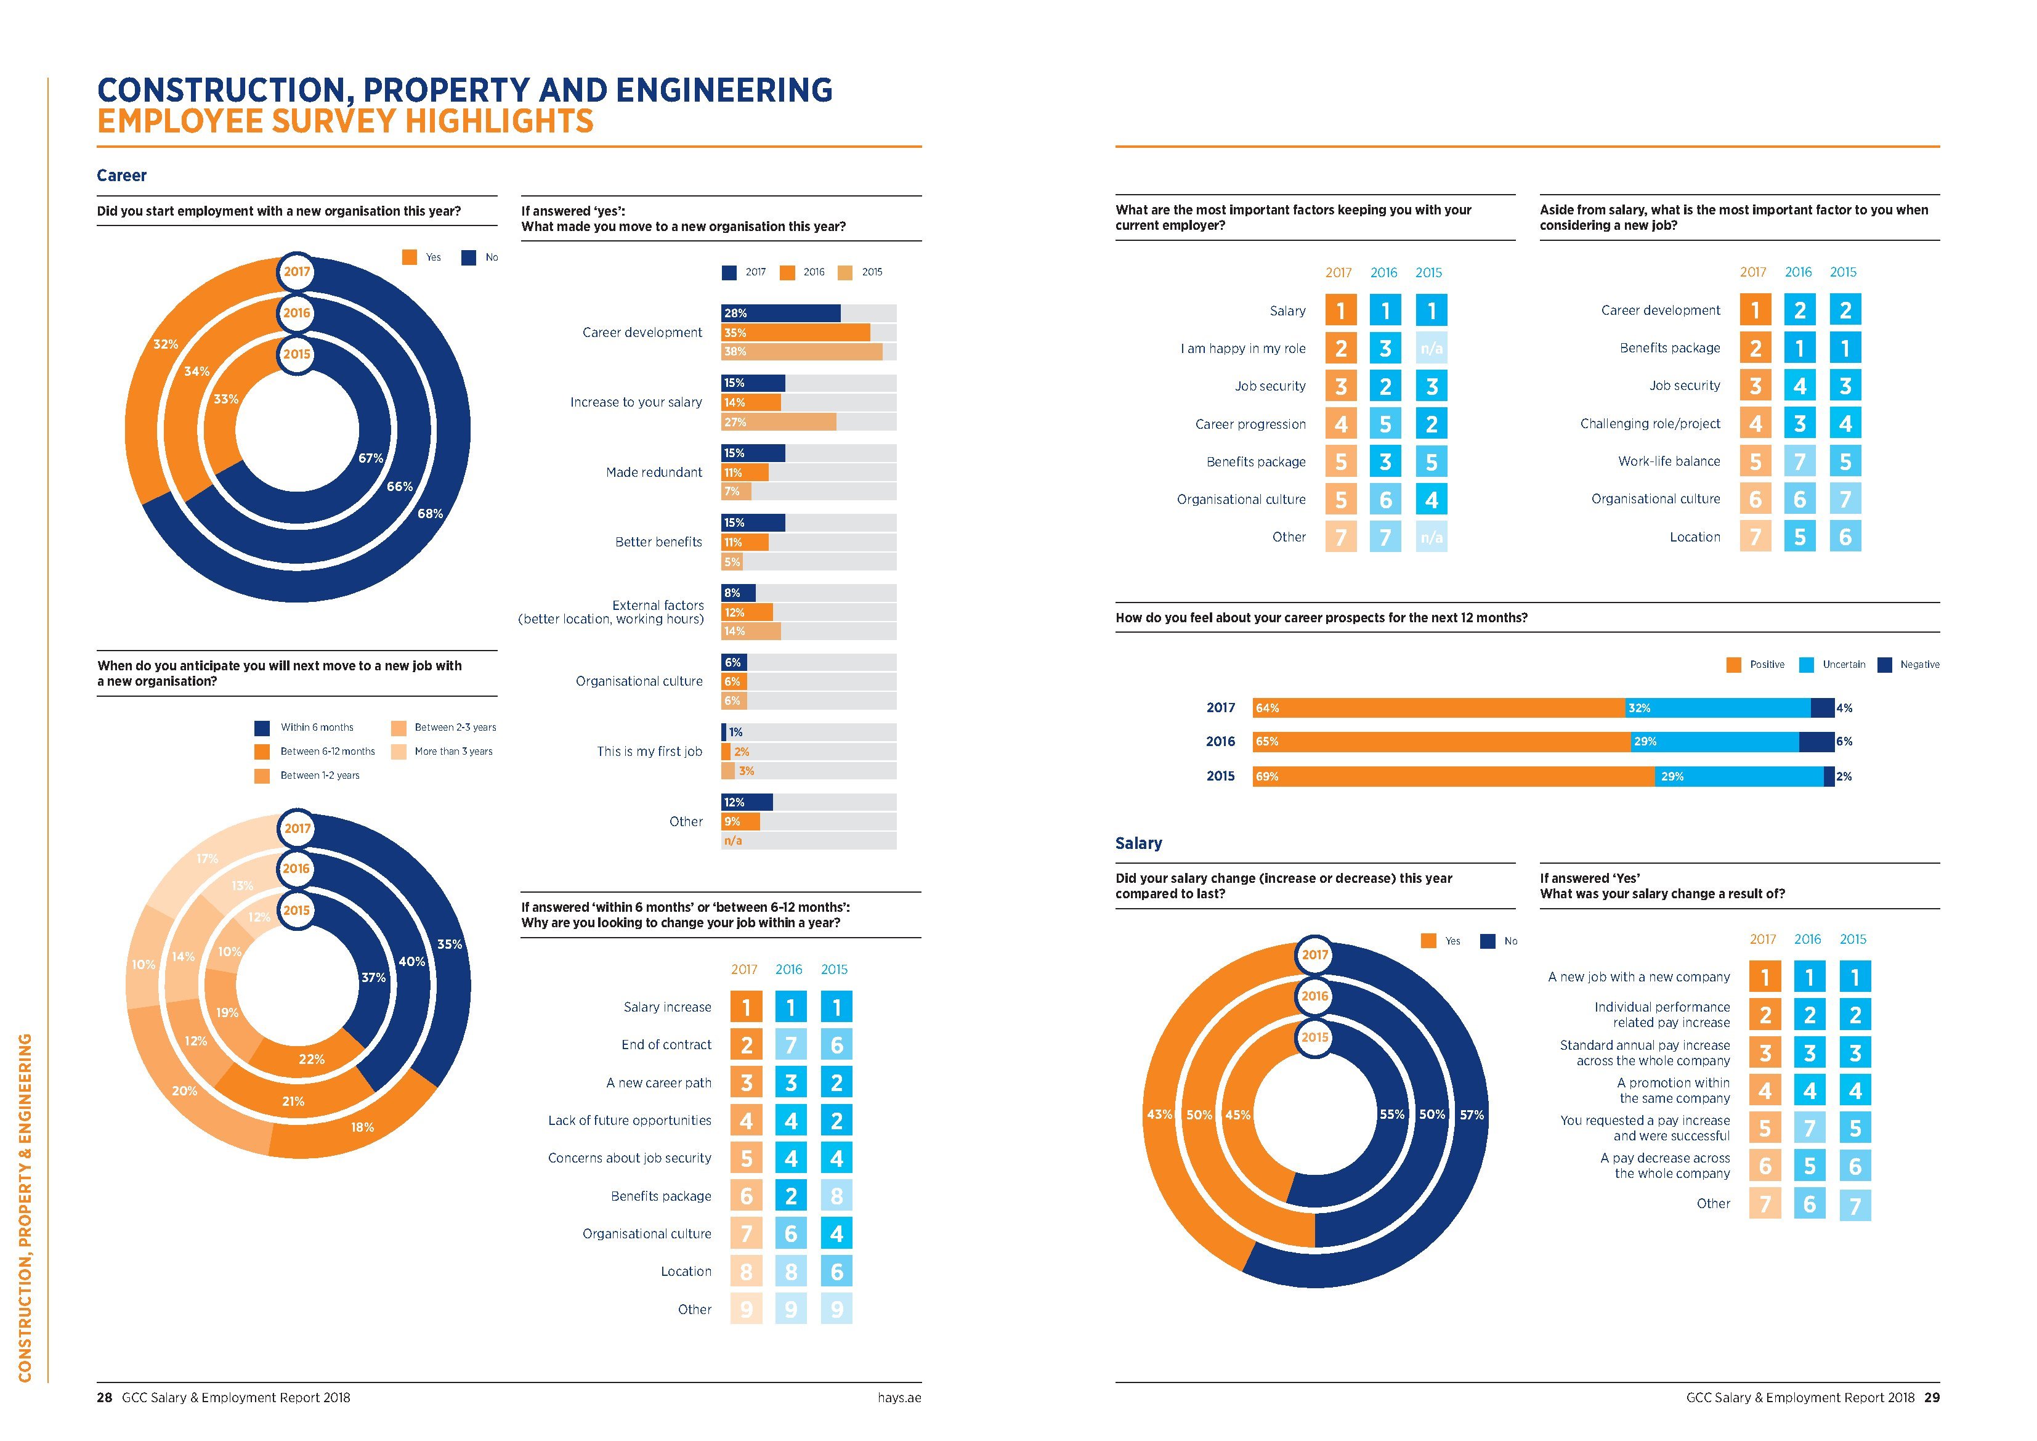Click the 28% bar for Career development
(x=780, y=313)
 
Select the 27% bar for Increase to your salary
(x=778, y=423)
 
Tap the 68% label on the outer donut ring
(x=431, y=514)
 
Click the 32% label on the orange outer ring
(x=166, y=344)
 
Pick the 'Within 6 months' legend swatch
(x=262, y=728)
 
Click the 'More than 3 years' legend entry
(x=453, y=752)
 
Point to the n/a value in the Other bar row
(x=733, y=840)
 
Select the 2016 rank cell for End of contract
(x=790, y=1045)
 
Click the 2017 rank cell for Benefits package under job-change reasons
(x=746, y=1196)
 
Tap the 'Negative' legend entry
(x=1919, y=665)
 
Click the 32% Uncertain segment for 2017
(x=1717, y=708)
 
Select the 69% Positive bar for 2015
(x=1453, y=776)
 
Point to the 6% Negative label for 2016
(x=1844, y=742)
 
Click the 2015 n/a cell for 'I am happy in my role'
(x=1431, y=349)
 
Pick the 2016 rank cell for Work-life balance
(x=1799, y=461)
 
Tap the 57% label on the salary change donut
(x=1472, y=1114)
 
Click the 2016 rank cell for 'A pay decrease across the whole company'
(x=1810, y=1166)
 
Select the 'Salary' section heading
(x=1138, y=843)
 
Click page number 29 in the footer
(x=1932, y=1397)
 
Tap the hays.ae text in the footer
(x=899, y=1397)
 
